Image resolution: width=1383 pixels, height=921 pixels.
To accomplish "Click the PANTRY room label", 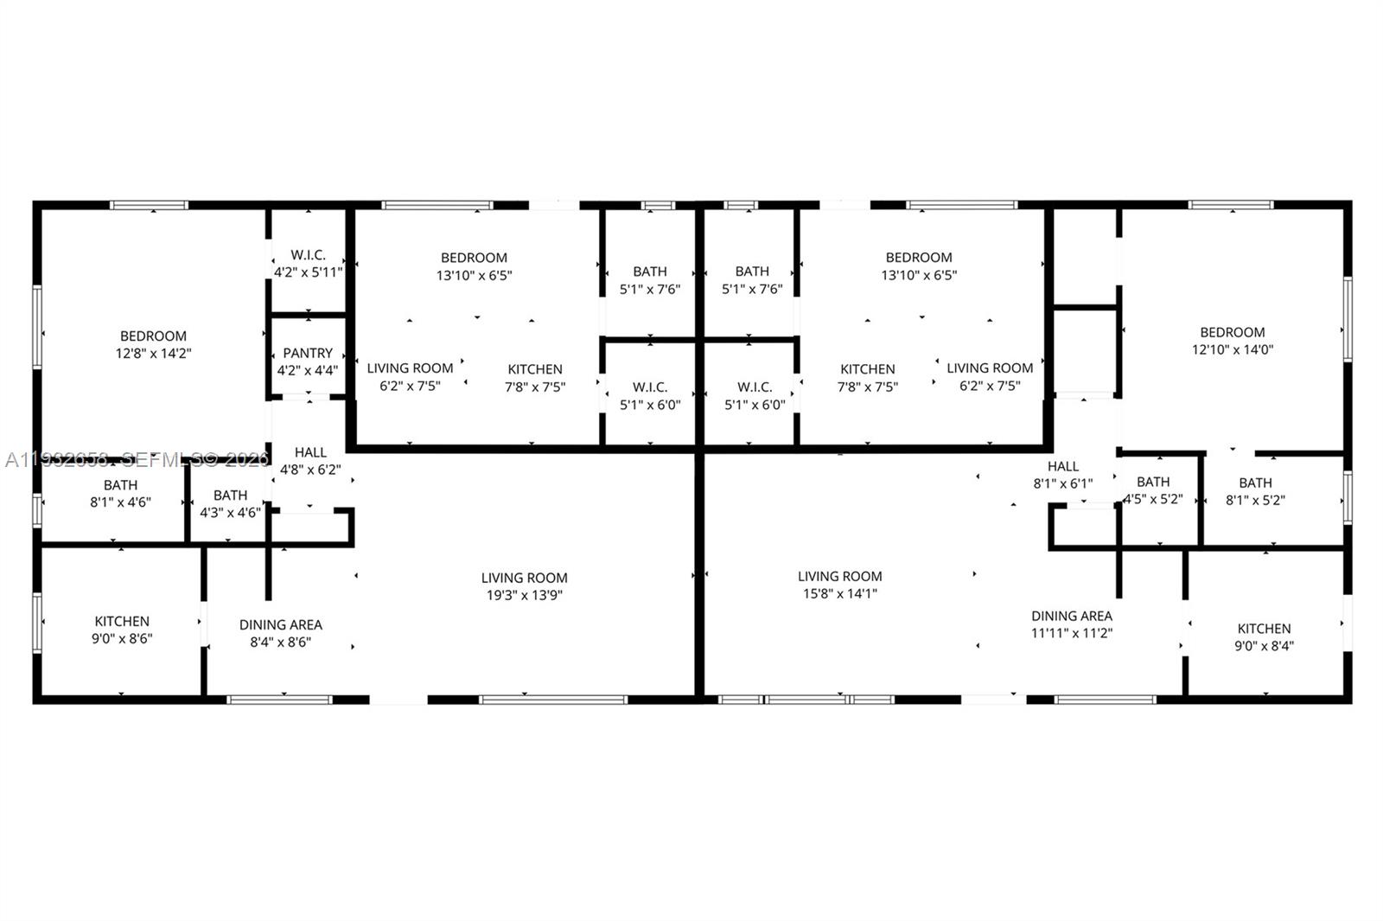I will (308, 353).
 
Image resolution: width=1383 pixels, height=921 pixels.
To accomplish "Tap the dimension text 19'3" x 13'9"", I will (524, 595).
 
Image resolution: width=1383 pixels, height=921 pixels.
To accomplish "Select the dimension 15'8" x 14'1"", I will (839, 593).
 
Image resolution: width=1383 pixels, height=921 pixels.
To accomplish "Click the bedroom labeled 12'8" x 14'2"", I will (153, 345).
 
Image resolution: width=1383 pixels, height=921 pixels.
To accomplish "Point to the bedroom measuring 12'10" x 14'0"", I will (1232, 341).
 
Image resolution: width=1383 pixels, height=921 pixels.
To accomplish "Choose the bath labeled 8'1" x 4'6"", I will (120, 493).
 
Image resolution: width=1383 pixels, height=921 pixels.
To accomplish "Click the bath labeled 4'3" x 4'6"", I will (230, 503).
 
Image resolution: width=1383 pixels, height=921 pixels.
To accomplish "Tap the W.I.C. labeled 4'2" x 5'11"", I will (308, 263).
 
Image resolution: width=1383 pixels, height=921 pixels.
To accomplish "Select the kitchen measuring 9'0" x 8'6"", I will (122, 630).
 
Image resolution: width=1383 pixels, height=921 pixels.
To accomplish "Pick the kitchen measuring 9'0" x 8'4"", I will (1264, 636).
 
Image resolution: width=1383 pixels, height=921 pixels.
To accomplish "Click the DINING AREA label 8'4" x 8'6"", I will (280, 633).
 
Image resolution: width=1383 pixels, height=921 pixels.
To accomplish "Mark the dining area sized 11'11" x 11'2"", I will (1071, 624).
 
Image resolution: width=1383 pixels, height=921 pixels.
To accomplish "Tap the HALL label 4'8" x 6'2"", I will (310, 461).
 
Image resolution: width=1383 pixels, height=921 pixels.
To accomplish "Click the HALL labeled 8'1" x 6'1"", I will (1062, 475).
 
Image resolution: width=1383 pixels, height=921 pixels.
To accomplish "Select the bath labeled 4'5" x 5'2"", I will (1153, 490).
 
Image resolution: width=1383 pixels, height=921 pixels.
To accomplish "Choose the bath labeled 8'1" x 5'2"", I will (1254, 490).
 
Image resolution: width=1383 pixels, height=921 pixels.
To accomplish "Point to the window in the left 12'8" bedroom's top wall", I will (149, 206).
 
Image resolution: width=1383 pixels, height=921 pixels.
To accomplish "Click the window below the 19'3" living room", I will (553, 699).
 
